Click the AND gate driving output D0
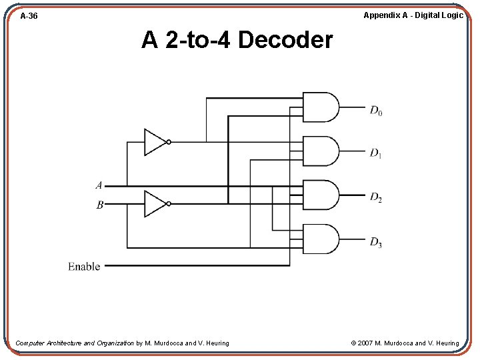[321, 107]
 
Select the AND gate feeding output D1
[321, 151]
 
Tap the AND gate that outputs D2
[321, 195]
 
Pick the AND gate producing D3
[321, 239]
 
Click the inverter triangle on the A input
[155, 142]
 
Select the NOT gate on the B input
[155, 204]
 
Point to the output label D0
[376, 111]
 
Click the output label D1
[376, 154]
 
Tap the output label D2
[376, 198]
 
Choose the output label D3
[376, 242]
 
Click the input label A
[99, 185]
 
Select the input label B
[99, 205]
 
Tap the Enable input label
[84, 267]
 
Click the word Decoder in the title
[285, 41]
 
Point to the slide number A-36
[29, 15]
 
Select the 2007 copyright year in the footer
[365, 343]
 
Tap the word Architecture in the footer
[65, 343]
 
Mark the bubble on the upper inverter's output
[169, 142]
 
